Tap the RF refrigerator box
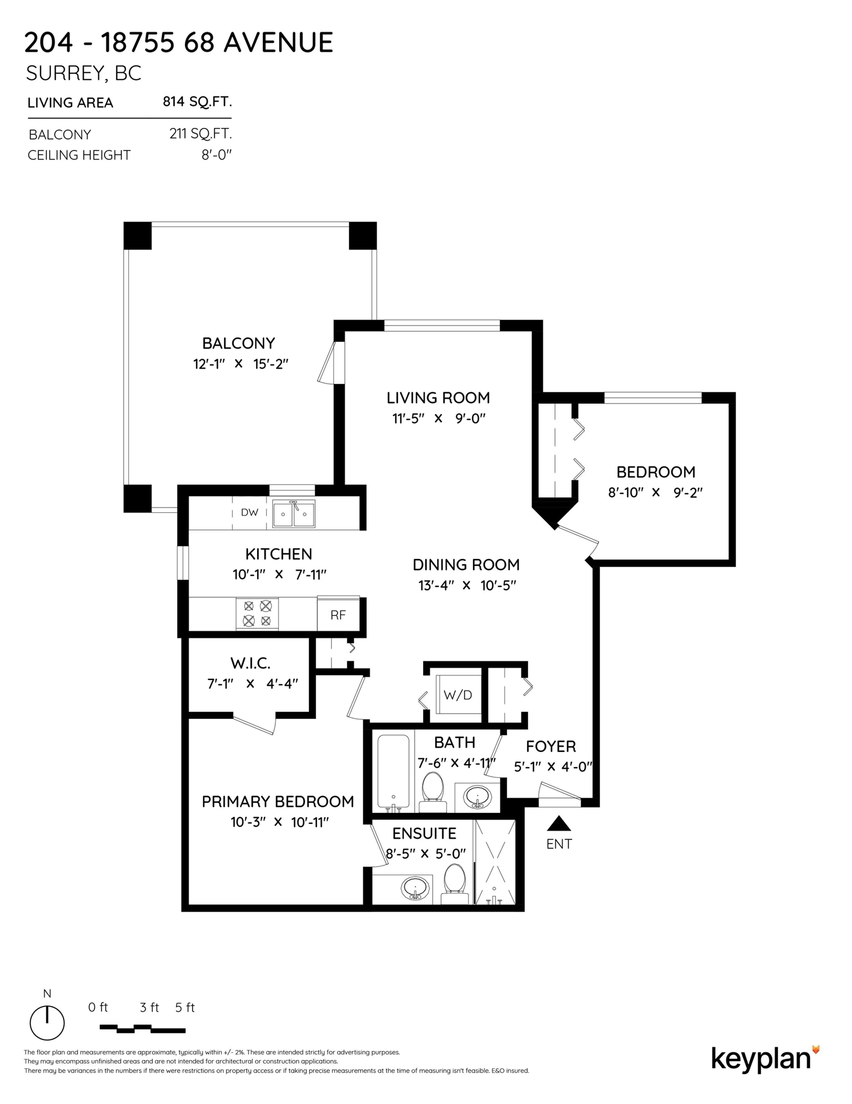[338, 615]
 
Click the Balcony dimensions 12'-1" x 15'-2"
[240, 364]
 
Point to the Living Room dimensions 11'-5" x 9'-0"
[438, 418]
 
